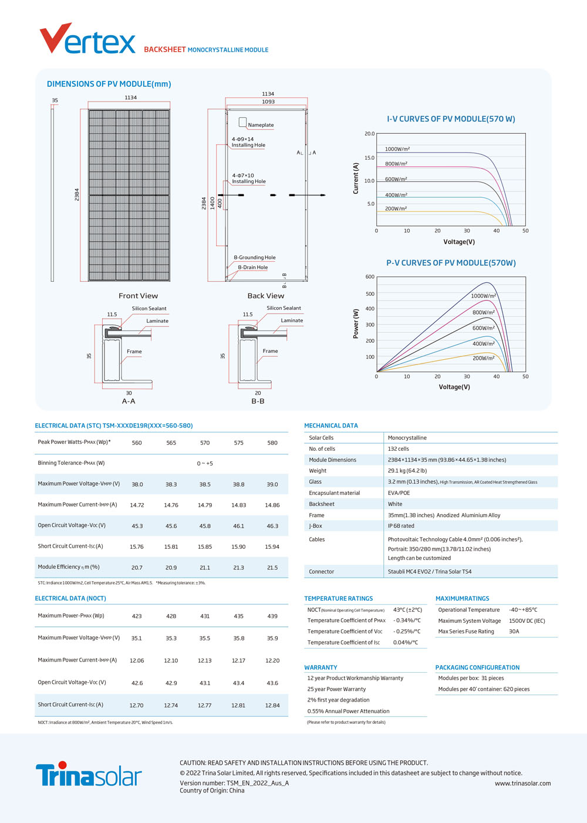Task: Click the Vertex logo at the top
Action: coord(87,39)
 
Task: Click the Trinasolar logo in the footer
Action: coord(89,774)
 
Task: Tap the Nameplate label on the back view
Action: coord(261,125)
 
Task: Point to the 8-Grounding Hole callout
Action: coord(255,258)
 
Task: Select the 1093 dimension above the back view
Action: coord(268,102)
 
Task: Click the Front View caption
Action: coord(138,296)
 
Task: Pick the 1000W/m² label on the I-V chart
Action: coord(397,149)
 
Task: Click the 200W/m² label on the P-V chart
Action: coord(484,358)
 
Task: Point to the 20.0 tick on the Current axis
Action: coord(370,134)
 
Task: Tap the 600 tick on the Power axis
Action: coord(370,276)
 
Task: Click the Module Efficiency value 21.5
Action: coord(272,568)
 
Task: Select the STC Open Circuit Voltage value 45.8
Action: coord(205,526)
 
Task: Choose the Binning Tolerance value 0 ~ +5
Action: coord(205,463)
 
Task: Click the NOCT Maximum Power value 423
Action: coord(137,616)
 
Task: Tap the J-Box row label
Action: coord(316,526)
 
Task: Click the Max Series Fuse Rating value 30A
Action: coord(514,631)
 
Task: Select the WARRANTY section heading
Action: coord(321,667)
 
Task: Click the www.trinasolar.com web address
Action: coord(522,783)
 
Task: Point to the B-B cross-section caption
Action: coord(258,401)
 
